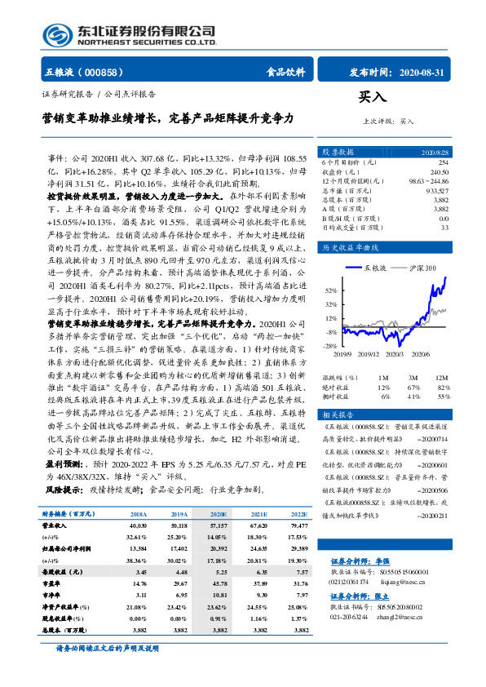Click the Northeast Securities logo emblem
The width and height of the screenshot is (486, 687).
click(x=56, y=35)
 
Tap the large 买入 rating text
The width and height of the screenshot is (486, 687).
click(x=372, y=96)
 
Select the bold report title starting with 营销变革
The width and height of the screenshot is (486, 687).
click(x=170, y=117)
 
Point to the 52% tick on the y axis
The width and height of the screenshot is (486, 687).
click(x=330, y=290)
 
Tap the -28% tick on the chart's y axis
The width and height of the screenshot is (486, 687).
click(x=330, y=345)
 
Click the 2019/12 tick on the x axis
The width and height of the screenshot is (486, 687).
click(x=369, y=353)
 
